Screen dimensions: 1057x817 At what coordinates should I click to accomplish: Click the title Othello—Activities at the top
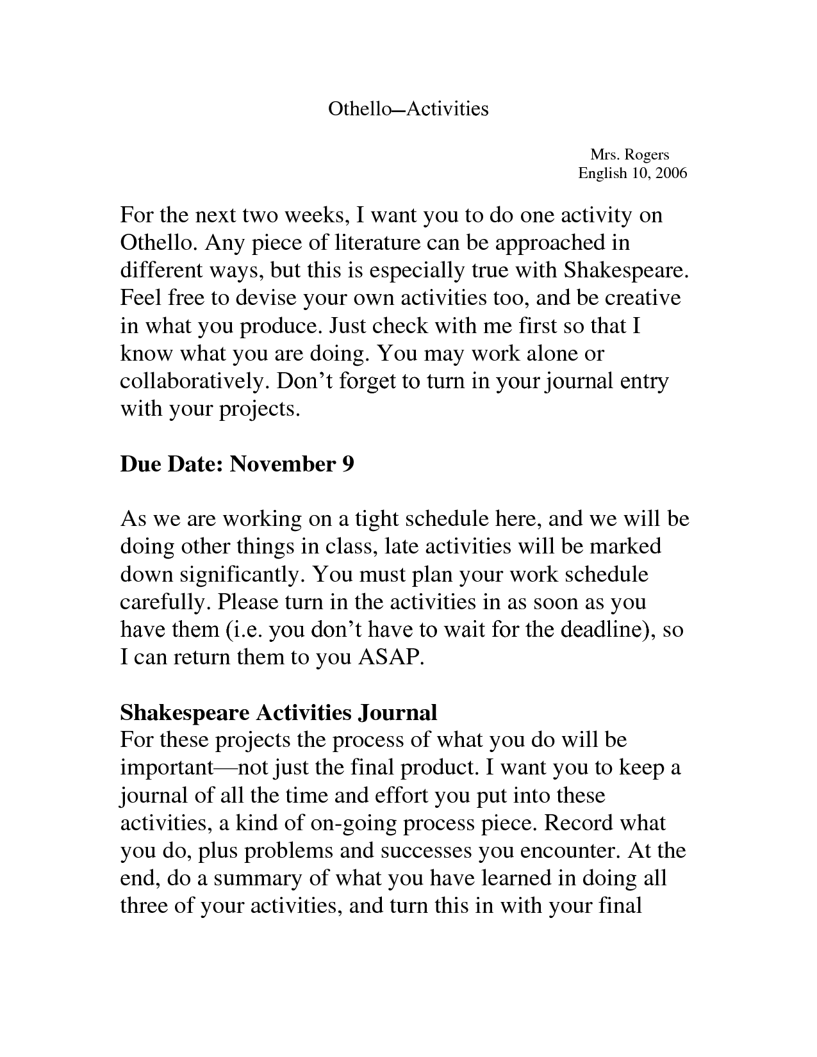pyautogui.click(x=408, y=109)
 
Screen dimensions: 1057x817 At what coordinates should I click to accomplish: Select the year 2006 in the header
pyautogui.click(x=671, y=173)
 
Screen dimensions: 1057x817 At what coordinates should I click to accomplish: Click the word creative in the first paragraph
pyautogui.click(x=635, y=298)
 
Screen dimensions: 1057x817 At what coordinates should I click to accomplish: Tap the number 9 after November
pyautogui.click(x=347, y=464)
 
